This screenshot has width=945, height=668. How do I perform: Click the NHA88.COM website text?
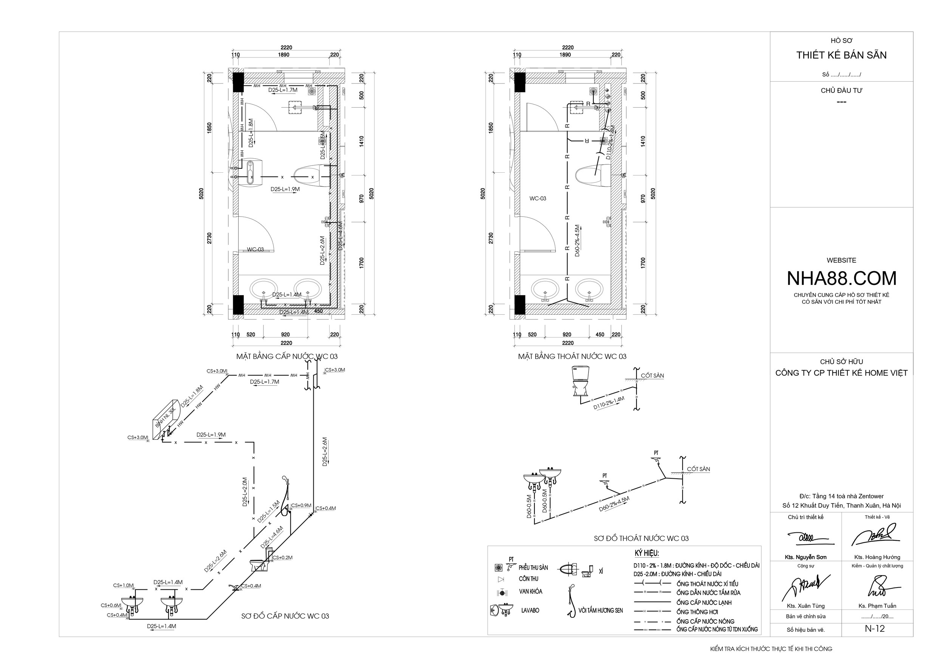(x=841, y=278)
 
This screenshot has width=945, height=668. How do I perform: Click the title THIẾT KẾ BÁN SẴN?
(x=841, y=55)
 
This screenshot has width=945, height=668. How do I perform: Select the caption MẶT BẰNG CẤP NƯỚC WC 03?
(x=287, y=356)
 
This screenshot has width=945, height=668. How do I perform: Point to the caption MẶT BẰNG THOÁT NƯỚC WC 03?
(x=572, y=356)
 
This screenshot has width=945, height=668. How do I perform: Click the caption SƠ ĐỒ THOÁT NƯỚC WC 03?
(x=641, y=538)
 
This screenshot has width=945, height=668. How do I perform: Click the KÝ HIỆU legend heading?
(x=647, y=553)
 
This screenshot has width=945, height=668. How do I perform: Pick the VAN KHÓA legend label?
(x=531, y=592)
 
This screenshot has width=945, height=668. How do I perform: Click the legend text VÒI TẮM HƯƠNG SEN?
(x=601, y=611)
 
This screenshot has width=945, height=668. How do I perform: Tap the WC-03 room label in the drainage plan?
(x=538, y=198)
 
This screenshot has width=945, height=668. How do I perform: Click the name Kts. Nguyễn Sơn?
(x=806, y=557)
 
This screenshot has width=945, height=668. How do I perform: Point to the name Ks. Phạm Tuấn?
(x=877, y=606)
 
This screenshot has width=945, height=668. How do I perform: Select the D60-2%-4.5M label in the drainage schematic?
(x=614, y=504)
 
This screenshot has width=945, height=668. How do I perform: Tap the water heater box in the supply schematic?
(x=165, y=419)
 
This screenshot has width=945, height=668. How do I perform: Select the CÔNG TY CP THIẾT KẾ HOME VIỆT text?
(x=841, y=373)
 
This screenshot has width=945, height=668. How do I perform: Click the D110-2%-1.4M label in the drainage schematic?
(x=609, y=403)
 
